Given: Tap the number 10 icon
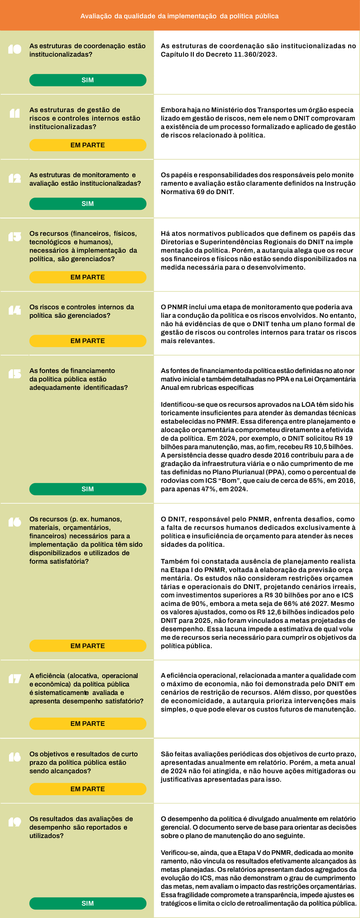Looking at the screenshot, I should click(x=15, y=49).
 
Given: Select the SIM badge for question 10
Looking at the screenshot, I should click(x=88, y=80).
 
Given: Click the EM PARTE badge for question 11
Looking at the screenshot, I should click(x=88, y=145).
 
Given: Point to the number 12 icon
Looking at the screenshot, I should click(x=15, y=178).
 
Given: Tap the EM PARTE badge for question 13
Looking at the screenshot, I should click(x=88, y=277).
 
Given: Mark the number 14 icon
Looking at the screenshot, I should click(x=15, y=310).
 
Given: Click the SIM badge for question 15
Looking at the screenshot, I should click(x=88, y=489).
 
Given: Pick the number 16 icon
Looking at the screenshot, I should click(x=15, y=523).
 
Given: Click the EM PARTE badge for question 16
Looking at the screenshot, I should click(x=88, y=646).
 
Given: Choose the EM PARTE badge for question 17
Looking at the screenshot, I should click(x=88, y=723).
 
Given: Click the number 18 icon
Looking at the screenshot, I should click(x=15, y=757).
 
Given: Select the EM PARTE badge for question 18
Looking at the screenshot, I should click(x=88, y=789).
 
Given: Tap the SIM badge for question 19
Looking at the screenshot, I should click(x=88, y=903).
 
